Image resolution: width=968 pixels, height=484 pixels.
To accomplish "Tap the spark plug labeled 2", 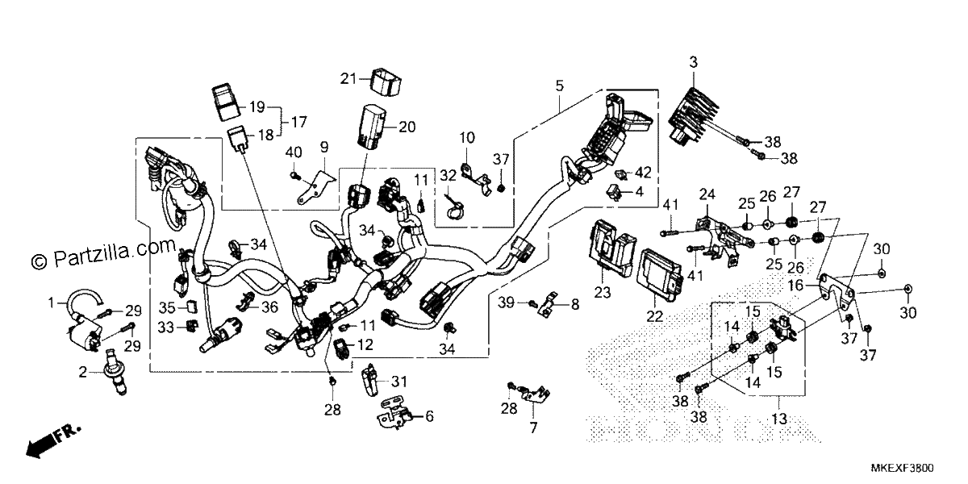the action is click(x=115, y=372).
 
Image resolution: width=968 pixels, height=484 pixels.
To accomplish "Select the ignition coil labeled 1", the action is click(x=85, y=319).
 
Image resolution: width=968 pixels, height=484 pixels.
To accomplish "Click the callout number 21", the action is click(x=348, y=79).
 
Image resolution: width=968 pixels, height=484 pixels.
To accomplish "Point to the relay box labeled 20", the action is click(x=372, y=127).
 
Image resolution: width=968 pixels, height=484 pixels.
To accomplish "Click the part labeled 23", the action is click(x=613, y=248).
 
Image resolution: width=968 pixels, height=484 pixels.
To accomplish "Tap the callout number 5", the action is click(x=560, y=86).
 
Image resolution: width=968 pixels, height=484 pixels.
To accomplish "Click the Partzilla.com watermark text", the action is click(x=104, y=253).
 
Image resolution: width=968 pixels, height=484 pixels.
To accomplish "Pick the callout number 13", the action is click(x=779, y=419).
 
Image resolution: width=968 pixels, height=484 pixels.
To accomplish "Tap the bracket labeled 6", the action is click(x=394, y=414).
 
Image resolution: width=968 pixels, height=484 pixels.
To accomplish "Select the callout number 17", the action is click(x=298, y=122).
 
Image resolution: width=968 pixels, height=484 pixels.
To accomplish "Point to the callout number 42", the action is click(x=643, y=173).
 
